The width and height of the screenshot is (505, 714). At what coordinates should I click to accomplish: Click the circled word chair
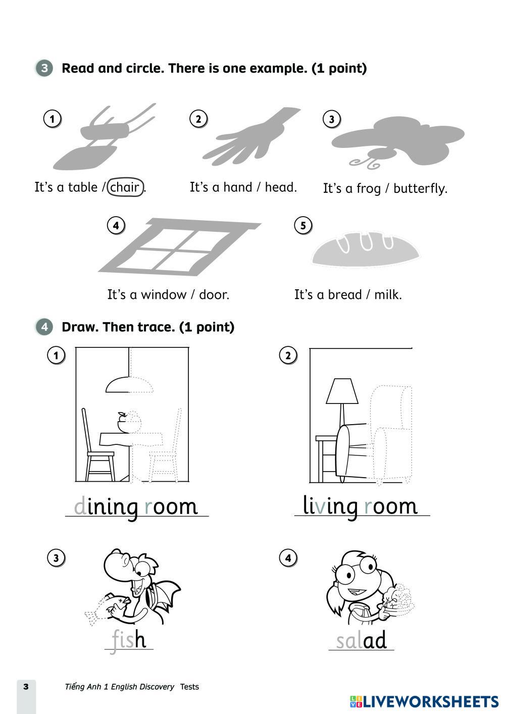pos(125,187)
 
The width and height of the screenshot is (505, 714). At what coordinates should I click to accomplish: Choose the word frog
pos(368,188)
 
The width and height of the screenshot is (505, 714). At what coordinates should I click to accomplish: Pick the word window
pos(163,294)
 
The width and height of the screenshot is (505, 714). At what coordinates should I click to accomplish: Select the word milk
pos(386,294)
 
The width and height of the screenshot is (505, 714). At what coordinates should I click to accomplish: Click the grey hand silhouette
pos(250,137)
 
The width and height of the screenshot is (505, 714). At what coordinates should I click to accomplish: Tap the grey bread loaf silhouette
pos(366,249)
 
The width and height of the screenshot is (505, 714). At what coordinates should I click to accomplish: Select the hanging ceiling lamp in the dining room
pos(129,379)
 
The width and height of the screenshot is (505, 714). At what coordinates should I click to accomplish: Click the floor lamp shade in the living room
pos(342,391)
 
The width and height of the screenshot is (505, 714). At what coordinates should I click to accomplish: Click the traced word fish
pos(128,640)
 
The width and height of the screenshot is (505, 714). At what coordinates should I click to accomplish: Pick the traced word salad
pos(361,640)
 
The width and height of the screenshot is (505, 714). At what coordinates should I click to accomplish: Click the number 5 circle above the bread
pos(303,225)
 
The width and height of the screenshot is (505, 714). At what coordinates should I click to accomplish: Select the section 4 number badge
pos(44,327)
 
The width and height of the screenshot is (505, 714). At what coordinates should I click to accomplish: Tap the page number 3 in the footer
pos(26,686)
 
